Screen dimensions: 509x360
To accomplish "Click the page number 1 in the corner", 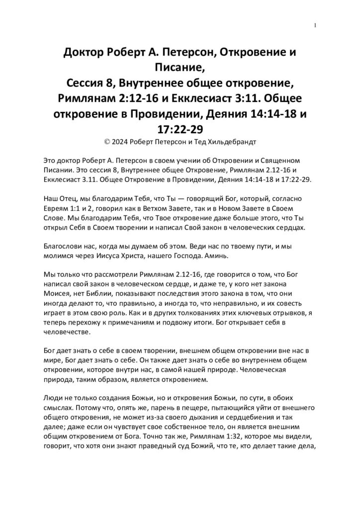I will pos(316,25).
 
